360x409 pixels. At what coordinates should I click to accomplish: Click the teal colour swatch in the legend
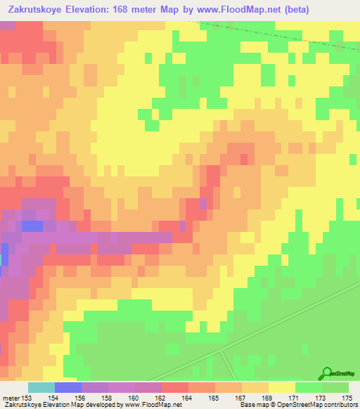click(x=41, y=387)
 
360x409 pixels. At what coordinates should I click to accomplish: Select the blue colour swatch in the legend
click(x=68, y=387)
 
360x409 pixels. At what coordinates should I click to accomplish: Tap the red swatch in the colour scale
click(x=175, y=387)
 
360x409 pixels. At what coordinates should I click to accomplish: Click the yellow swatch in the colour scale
click(x=282, y=387)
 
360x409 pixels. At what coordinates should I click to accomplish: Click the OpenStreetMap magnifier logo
click(x=327, y=373)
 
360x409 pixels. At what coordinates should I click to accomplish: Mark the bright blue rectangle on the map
click(x=32, y=226)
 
